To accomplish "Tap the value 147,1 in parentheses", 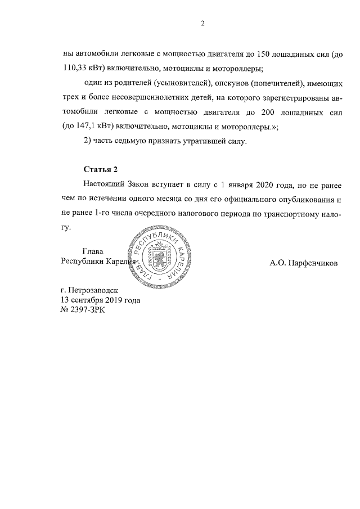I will point(84,127).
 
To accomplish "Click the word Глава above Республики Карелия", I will point(94,251).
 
